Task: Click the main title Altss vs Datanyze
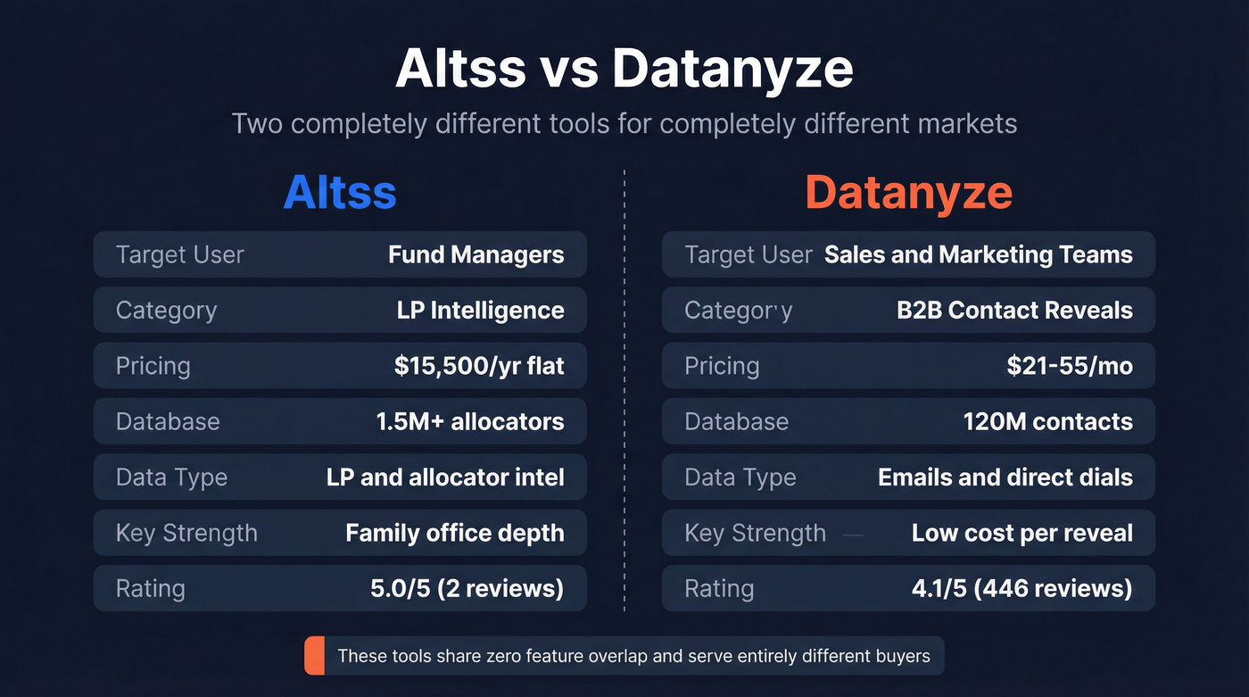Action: point(624,69)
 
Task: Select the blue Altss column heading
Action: point(340,193)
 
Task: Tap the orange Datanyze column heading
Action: point(908,193)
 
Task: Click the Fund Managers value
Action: point(476,254)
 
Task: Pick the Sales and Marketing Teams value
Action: point(978,254)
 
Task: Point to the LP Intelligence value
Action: point(480,310)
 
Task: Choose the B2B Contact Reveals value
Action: point(1014,310)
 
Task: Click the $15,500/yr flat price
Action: point(479,366)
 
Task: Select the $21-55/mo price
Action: point(1070,366)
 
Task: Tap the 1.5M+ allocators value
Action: point(470,421)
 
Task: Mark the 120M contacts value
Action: point(1047,421)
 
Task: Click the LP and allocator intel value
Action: point(445,477)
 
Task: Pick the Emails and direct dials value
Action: point(1005,477)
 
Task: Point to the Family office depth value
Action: point(455,533)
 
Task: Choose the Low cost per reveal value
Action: point(1022,533)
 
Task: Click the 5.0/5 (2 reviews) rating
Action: point(467,588)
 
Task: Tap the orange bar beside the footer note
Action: point(314,657)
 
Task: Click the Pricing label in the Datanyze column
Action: point(722,366)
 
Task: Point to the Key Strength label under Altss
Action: point(186,533)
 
